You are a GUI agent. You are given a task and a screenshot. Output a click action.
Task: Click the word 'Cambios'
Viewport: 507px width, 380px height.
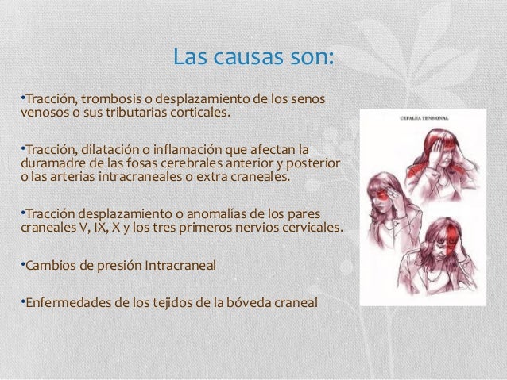[x=49, y=264]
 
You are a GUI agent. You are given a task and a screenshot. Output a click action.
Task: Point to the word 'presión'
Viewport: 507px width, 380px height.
[x=116, y=264]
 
